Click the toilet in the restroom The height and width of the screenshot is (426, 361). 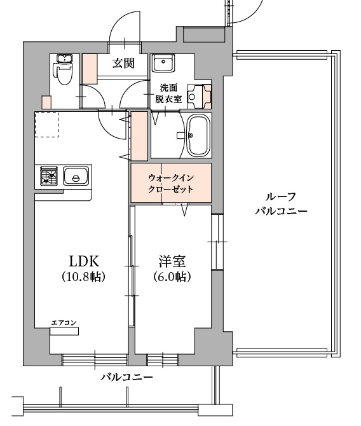(64, 70)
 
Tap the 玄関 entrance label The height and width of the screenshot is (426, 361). (123, 64)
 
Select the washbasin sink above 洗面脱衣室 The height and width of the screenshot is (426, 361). (163, 63)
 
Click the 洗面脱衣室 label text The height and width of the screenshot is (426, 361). (168, 93)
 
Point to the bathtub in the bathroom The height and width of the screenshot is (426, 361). (198, 135)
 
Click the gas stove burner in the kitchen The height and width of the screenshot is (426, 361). (49, 175)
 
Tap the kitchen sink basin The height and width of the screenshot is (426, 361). (76, 175)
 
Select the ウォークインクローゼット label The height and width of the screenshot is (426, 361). (171, 183)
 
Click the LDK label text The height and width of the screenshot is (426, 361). (84, 261)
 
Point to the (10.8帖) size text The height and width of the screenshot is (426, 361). (84, 277)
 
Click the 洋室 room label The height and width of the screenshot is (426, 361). (172, 261)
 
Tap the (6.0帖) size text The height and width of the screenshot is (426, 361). (172, 277)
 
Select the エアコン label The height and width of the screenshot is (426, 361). (64, 323)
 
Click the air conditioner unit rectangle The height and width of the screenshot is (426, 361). (64, 331)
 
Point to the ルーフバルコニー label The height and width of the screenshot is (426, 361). (281, 203)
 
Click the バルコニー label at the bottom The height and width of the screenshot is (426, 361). (127, 377)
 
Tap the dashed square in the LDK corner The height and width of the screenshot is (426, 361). (46, 125)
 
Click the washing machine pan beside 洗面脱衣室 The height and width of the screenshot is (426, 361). (200, 97)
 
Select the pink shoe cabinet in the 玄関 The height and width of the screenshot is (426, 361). (90, 69)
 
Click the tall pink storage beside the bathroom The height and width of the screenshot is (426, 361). (140, 137)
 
